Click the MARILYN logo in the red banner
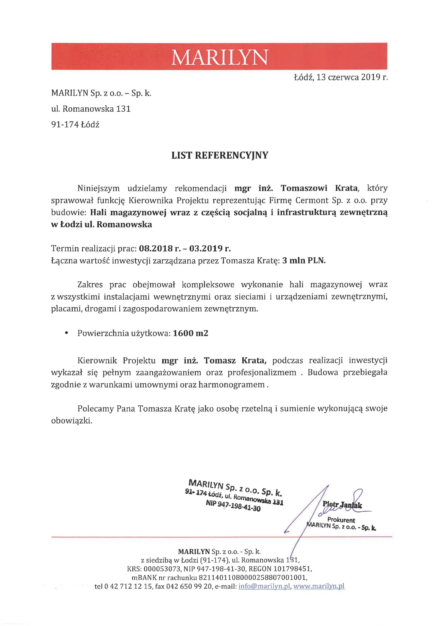219,57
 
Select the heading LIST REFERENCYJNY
220,155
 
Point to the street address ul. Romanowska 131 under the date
91,109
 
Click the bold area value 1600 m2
190,333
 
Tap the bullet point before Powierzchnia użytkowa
66,333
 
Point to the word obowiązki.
72,421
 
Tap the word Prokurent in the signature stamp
341,520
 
